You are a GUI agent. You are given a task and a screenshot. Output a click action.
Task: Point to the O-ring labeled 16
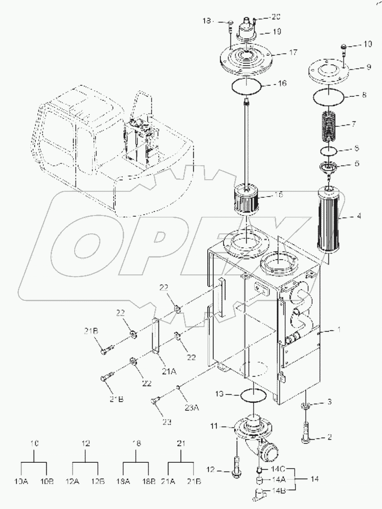(x=246, y=85)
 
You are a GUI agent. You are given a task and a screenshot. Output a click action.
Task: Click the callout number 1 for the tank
(x=339, y=330)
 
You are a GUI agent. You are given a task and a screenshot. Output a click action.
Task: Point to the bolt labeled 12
(x=236, y=467)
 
